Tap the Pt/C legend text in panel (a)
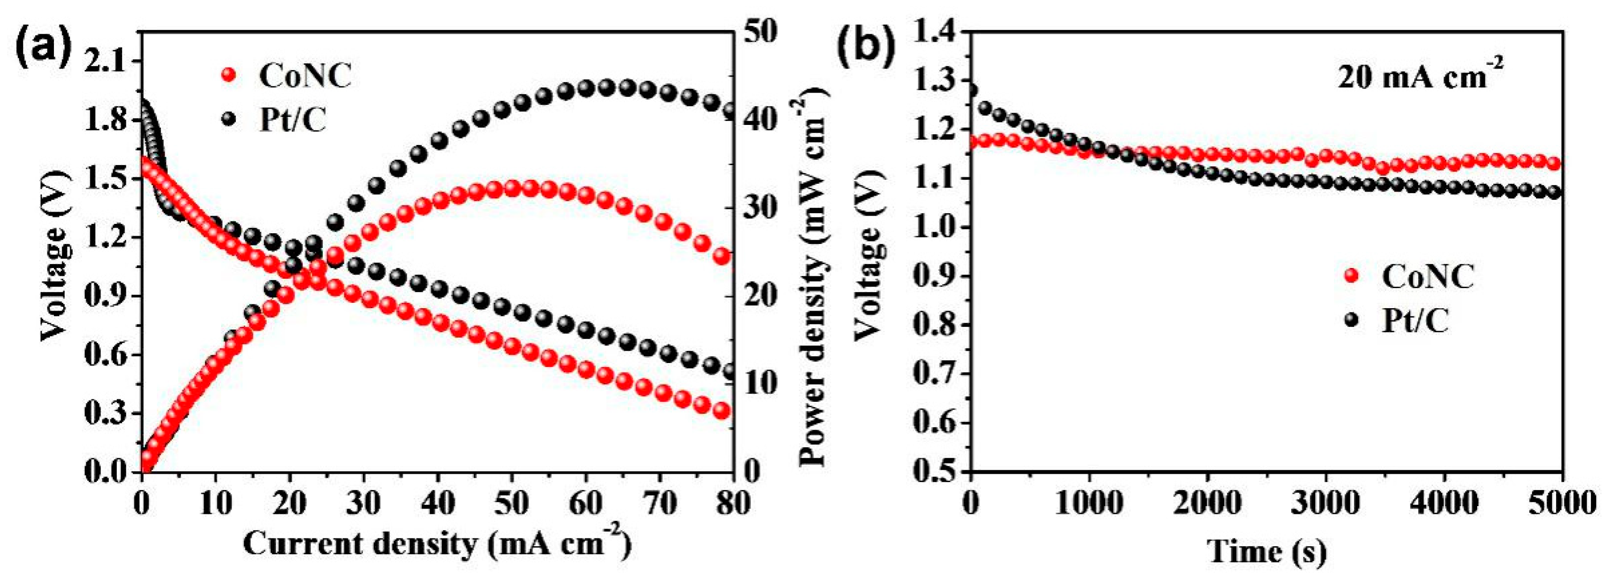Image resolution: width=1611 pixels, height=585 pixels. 293,121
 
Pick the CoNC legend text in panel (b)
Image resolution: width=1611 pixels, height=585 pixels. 1429,276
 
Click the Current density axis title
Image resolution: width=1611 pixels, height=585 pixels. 436,544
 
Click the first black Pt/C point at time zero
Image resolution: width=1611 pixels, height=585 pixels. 971,91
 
